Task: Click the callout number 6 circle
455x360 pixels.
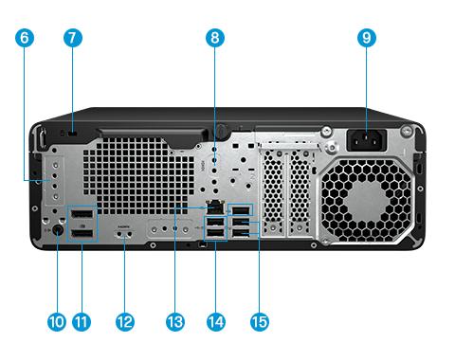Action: pos(25,38)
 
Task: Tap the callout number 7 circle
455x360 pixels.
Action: pos(73,38)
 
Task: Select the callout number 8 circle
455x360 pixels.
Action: pos(215,38)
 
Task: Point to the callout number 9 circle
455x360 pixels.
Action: pos(367,38)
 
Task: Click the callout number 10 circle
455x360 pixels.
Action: pos(57,322)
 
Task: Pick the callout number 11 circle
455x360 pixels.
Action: pos(82,322)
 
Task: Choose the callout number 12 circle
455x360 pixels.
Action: pos(125,322)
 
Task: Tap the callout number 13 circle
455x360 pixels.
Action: pos(175,322)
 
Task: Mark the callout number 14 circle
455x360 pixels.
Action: pos(216,322)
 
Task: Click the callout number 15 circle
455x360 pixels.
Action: pos(260,322)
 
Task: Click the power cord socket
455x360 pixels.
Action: pos(367,140)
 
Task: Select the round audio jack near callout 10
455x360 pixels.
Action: pos(57,230)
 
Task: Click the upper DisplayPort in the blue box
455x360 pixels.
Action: pos(82,214)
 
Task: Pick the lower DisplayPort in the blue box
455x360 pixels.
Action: pos(82,234)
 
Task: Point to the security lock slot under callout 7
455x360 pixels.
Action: pos(73,134)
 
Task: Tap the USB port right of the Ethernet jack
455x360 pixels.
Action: pos(242,210)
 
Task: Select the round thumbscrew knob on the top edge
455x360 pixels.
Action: pos(223,130)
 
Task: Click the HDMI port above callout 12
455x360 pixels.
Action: pos(124,234)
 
